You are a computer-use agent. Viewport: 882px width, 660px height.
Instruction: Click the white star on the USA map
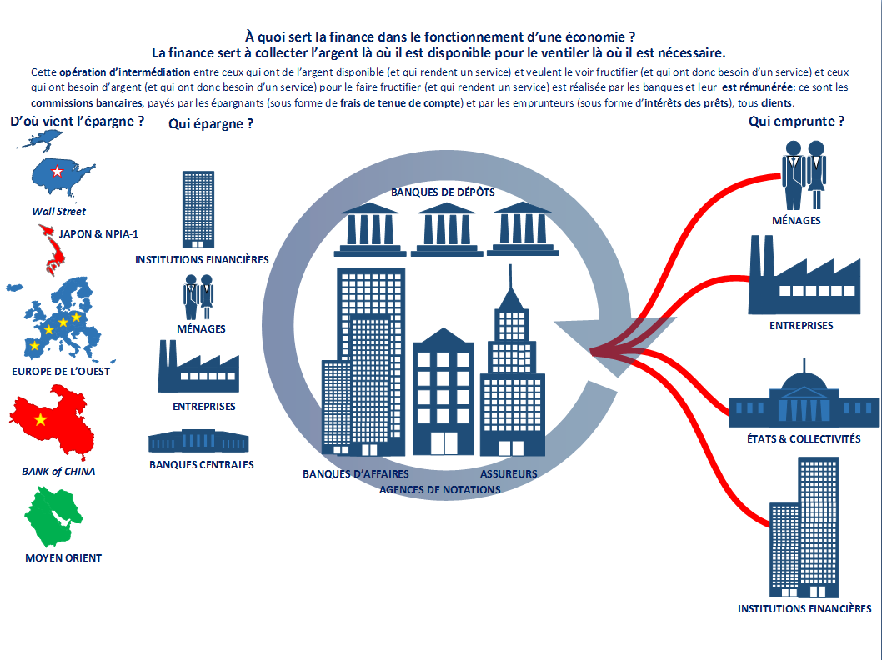coord(57,171)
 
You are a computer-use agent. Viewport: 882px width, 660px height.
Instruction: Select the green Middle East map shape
coord(53,517)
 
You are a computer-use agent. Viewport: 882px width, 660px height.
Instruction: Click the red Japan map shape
coord(51,250)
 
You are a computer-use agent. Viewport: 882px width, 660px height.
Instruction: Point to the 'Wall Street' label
coord(58,212)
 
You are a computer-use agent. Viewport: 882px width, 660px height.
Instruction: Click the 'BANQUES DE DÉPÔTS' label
coord(443,192)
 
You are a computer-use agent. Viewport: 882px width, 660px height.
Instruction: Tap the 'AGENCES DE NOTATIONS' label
coord(440,490)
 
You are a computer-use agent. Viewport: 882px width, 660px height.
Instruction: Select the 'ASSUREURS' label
coord(509,474)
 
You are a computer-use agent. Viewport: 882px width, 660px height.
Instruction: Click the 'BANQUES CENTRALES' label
coord(202,465)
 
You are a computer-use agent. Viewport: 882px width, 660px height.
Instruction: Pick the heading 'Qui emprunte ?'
coord(796,122)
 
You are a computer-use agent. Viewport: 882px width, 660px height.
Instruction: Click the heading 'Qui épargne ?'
coord(211,123)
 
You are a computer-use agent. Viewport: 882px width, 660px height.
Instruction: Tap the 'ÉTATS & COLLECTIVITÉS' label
coord(804,438)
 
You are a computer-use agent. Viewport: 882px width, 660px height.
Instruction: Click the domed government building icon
coord(804,397)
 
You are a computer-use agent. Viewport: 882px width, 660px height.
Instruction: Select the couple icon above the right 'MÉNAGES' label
coord(804,175)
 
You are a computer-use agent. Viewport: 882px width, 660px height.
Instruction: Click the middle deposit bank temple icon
coord(447,229)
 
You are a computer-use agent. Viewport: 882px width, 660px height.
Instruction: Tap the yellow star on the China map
coord(41,419)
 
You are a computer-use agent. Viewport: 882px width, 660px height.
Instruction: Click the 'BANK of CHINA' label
coord(58,471)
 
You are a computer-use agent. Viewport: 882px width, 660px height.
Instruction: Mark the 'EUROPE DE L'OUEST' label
coord(61,371)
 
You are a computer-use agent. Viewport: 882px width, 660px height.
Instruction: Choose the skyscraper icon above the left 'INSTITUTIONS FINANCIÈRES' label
coord(198,210)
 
